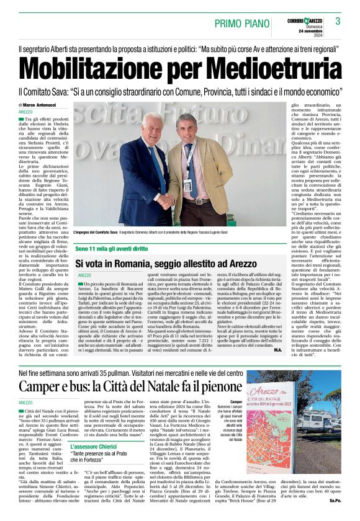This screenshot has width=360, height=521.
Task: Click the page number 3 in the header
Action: click(x=338, y=22)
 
